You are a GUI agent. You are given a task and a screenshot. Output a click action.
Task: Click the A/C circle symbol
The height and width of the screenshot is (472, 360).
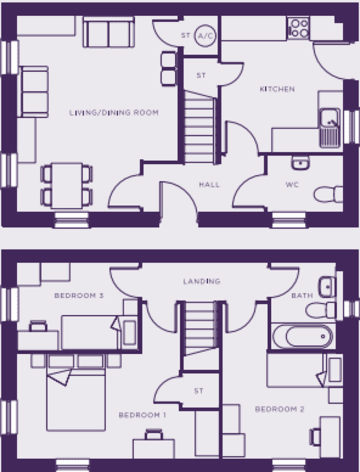point(205,36)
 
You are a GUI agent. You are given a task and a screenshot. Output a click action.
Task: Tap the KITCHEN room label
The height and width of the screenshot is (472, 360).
point(277,89)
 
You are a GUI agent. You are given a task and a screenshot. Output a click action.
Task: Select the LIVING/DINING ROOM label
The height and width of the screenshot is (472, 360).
point(114,113)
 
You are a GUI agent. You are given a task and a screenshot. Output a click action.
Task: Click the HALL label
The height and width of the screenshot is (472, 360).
point(209,185)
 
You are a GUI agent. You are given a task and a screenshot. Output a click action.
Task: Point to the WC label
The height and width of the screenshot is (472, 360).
point(292,185)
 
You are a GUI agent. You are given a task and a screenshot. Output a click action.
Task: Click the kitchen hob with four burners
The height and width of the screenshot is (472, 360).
point(298,28)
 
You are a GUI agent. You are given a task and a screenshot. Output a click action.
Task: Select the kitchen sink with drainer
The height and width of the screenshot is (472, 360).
point(330,128)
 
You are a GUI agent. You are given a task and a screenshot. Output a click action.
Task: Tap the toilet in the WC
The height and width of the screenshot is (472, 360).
point(328,194)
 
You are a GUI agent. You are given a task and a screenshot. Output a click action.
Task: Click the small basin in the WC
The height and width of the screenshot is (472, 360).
point(300,163)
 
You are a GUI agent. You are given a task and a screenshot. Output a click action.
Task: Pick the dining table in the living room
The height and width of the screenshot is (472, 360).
point(67,185)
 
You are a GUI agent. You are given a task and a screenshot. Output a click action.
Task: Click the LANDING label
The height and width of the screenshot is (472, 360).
point(202,281)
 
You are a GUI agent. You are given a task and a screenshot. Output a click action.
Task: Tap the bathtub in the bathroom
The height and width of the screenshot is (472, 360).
point(303,336)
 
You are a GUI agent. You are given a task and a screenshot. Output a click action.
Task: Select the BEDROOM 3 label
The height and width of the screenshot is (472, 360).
point(79,296)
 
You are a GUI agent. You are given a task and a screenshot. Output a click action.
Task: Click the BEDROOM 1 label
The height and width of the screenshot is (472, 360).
point(142,415)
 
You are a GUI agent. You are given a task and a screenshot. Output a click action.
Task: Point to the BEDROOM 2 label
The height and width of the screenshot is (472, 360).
point(280,409)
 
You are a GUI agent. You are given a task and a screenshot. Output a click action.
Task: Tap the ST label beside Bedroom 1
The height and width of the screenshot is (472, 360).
point(199,391)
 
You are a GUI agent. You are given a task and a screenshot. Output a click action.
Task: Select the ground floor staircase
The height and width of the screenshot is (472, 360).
point(199,127)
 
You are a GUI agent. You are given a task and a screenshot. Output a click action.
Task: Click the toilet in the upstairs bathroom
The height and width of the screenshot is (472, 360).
point(321,310)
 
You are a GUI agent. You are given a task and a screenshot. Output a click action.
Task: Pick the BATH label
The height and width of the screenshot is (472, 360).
point(302,296)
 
